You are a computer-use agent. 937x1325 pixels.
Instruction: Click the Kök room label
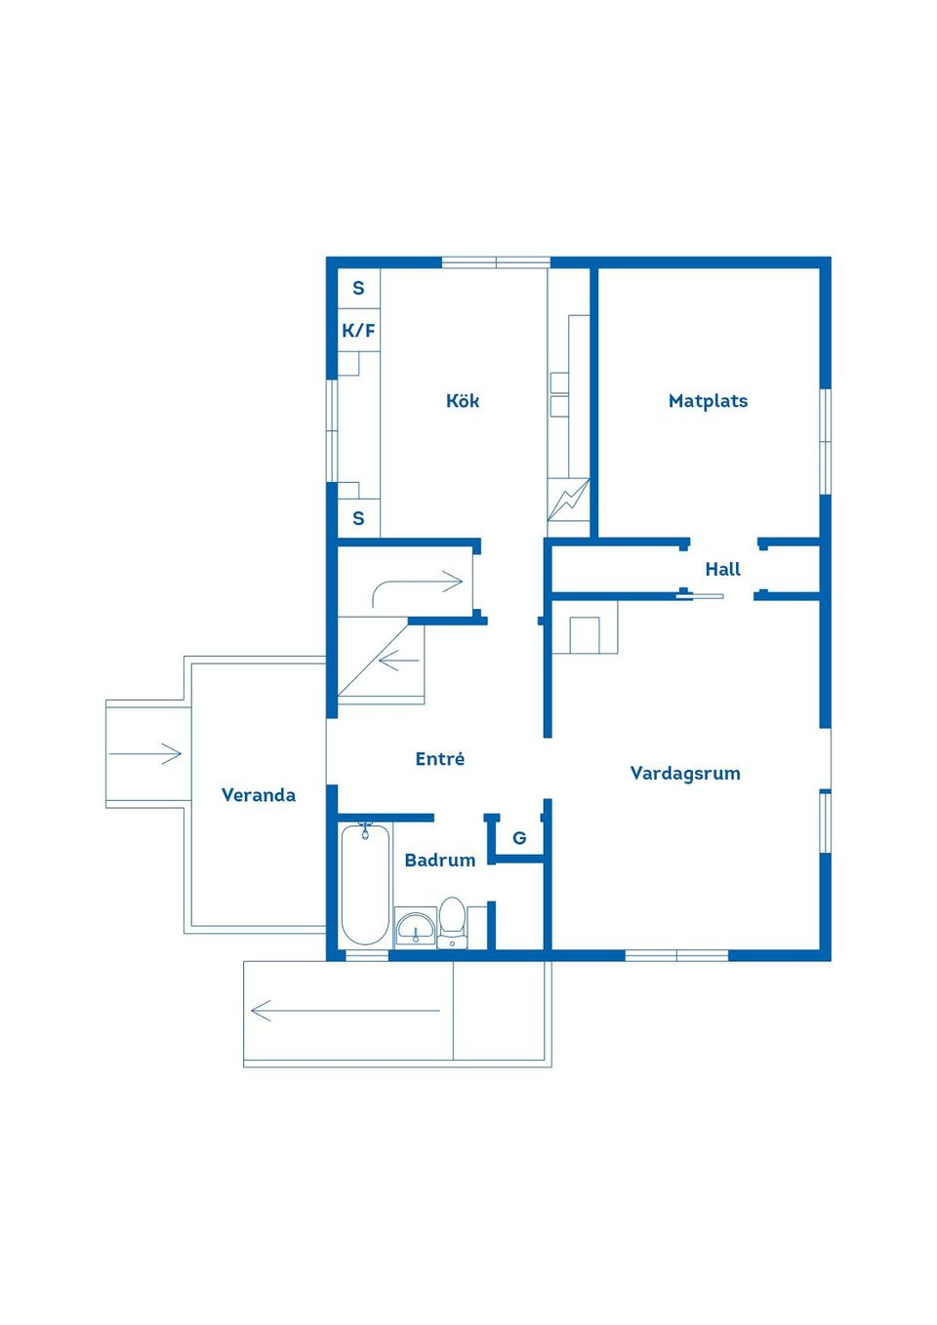pyautogui.click(x=462, y=401)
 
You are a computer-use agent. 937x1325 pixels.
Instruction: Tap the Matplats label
pyautogui.click(x=708, y=401)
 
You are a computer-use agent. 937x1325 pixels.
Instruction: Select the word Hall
pyautogui.click(x=722, y=569)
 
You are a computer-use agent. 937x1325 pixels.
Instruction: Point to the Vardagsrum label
pyautogui.click(x=685, y=774)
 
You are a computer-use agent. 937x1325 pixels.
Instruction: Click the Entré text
pyautogui.click(x=439, y=759)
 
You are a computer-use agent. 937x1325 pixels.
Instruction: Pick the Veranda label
pyautogui.click(x=258, y=795)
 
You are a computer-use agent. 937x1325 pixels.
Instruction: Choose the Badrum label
pyautogui.click(x=439, y=860)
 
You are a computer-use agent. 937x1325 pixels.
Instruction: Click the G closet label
pyautogui.click(x=519, y=838)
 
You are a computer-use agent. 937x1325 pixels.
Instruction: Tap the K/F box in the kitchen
pyautogui.click(x=358, y=331)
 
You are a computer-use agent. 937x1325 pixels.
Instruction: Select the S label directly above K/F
pyautogui.click(x=358, y=289)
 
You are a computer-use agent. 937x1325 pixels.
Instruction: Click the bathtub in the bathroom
pyautogui.click(x=365, y=885)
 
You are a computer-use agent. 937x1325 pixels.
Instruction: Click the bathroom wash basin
pyautogui.click(x=416, y=927)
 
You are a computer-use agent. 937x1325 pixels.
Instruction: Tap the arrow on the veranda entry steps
pyautogui.click(x=145, y=753)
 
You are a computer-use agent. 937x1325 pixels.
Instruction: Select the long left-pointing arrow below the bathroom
pyautogui.click(x=346, y=1011)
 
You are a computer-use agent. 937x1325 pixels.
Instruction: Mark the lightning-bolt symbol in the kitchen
pyautogui.click(x=568, y=500)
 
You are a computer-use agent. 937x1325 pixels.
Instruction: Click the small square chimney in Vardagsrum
pyautogui.click(x=584, y=635)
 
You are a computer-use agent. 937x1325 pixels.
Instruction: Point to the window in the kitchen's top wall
pyautogui.click(x=496, y=262)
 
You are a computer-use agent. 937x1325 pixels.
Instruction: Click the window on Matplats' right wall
pyautogui.click(x=825, y=441)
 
